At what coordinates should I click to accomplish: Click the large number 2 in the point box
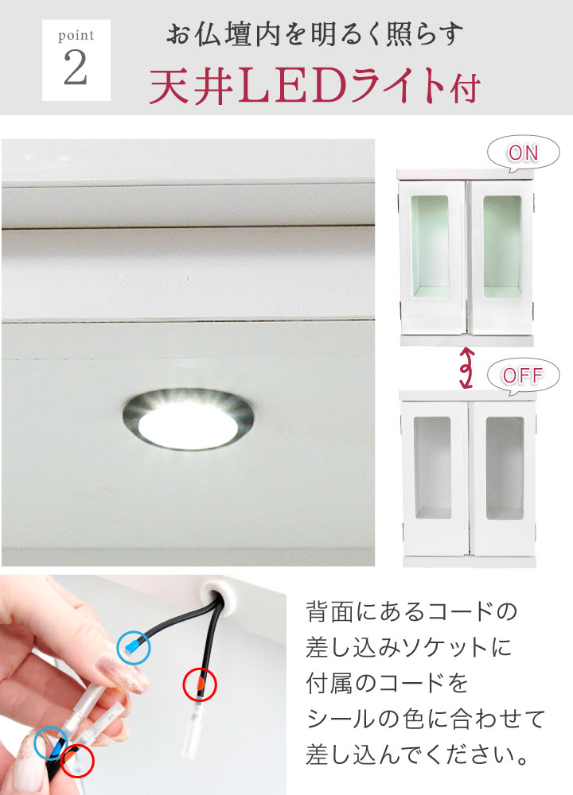(x=76, y=68)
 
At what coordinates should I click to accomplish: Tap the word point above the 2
(x=76, y=36)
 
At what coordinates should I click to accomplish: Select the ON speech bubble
(x=524, y=153)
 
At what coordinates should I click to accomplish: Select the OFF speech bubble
(x=524, y=375)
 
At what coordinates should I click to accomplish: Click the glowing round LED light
(x=189, y=420)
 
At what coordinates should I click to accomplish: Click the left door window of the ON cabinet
(x=430, y=247)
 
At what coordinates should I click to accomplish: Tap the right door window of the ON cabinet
(x=502, y=247)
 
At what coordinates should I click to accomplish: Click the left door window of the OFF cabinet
(x=432, y=468)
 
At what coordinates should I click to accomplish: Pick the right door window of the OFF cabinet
(x=505, y=468)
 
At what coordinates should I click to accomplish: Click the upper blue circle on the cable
(x=134, y=647)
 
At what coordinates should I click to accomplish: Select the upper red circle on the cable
(x=200, y=684)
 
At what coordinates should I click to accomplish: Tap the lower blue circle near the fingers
(x=51, y=743)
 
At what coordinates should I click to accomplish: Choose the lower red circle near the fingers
(x=78, y=761)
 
